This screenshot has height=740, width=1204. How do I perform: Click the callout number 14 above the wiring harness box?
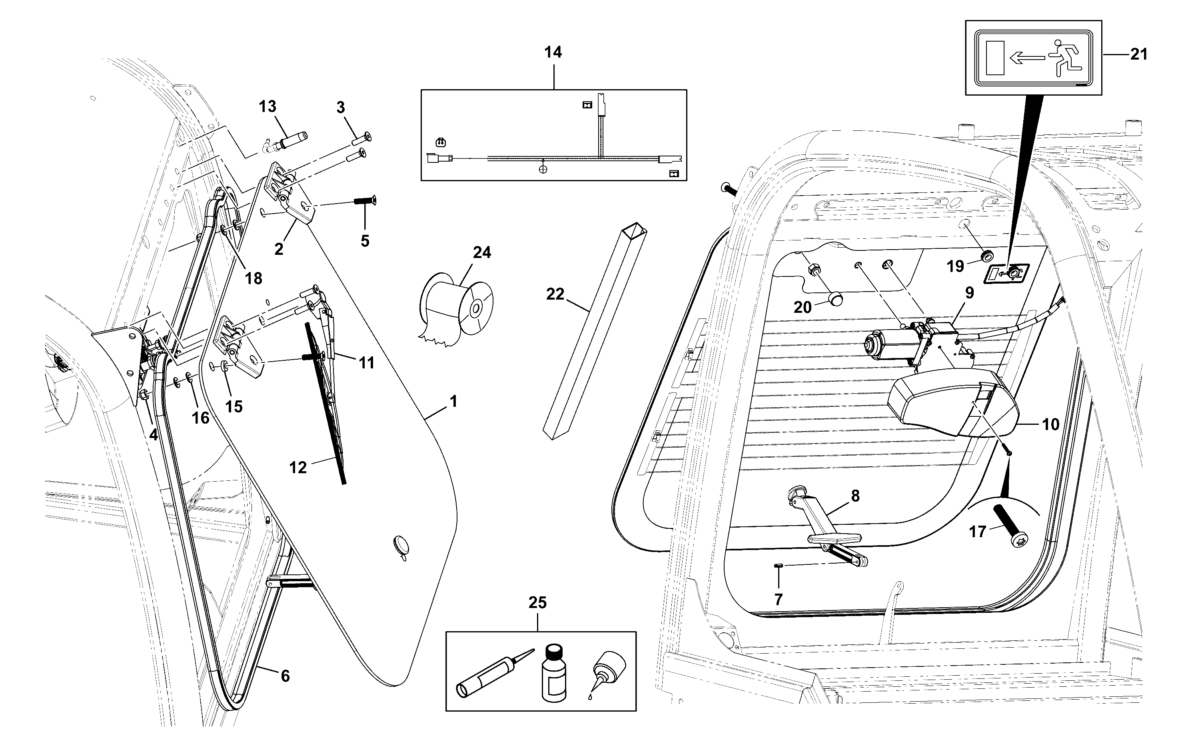coord(553,52)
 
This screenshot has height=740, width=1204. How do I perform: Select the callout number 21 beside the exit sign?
coord(1138,54)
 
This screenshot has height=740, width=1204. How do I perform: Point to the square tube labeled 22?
coord(595,331)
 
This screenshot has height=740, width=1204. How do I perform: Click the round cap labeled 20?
coord(836,298)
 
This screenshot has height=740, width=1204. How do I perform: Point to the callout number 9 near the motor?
coord(969,293)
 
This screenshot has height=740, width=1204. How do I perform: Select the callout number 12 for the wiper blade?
coord(298,467)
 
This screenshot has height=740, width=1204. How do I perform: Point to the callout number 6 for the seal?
coord(285,676)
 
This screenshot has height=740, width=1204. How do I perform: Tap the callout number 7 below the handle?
coord(779,600)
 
